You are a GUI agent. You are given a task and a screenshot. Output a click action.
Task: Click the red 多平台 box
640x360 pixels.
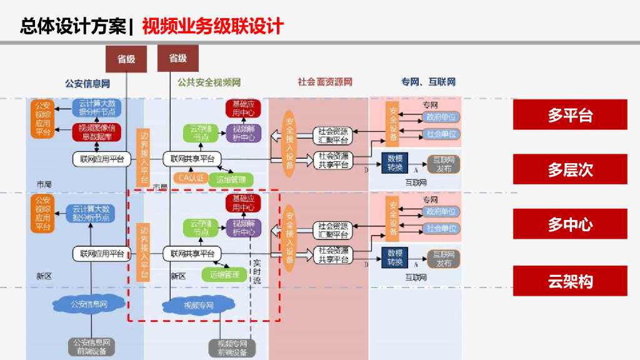pos(570,115)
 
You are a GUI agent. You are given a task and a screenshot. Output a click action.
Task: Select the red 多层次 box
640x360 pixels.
pos(570,169)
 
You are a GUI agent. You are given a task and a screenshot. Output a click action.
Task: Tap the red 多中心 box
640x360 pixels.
pos(570,224)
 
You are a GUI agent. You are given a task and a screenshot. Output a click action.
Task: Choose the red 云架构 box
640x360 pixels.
pos(570,281)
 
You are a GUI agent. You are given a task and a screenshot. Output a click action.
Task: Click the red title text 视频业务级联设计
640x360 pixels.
pos(212,26)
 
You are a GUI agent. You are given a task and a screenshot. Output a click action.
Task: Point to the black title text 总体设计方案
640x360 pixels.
pos(72,26)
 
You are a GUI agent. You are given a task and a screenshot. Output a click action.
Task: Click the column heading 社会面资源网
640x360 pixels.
pos(325,82)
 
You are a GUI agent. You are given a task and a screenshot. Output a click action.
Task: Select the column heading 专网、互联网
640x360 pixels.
pos(428,82)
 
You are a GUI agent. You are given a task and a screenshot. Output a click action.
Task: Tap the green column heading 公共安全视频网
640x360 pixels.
pos(209,82)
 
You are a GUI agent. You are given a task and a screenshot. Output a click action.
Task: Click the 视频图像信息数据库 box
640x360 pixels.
pos(96,132)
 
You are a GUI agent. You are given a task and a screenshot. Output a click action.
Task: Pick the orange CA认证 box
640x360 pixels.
pos(191,179)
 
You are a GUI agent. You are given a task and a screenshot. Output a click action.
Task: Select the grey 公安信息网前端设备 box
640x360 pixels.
pos(92,346)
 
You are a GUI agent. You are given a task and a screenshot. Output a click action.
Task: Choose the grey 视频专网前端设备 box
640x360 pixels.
pos(232,347)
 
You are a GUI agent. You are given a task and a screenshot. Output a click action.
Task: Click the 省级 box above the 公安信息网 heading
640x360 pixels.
pos(127,59)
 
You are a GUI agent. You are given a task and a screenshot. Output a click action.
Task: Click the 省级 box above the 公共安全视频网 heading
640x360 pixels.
pos(178,58)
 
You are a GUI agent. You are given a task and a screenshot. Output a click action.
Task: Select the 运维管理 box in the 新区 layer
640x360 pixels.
pos(224,274)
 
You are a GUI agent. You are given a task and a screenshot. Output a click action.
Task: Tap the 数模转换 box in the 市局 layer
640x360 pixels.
pos(395,163)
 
